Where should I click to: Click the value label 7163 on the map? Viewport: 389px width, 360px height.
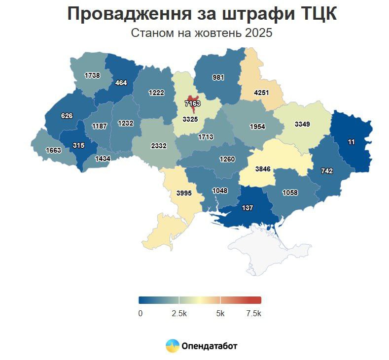(x=192, y=103)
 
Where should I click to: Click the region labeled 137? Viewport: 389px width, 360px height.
(x=248, y=208)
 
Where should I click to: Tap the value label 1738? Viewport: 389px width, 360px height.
(x=92, y=75)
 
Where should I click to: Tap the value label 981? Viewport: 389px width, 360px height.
(x=218, y=77)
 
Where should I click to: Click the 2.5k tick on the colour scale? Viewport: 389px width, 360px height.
(x=179, y=314)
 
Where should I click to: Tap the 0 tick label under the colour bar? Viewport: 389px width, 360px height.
(x=140, y=314)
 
